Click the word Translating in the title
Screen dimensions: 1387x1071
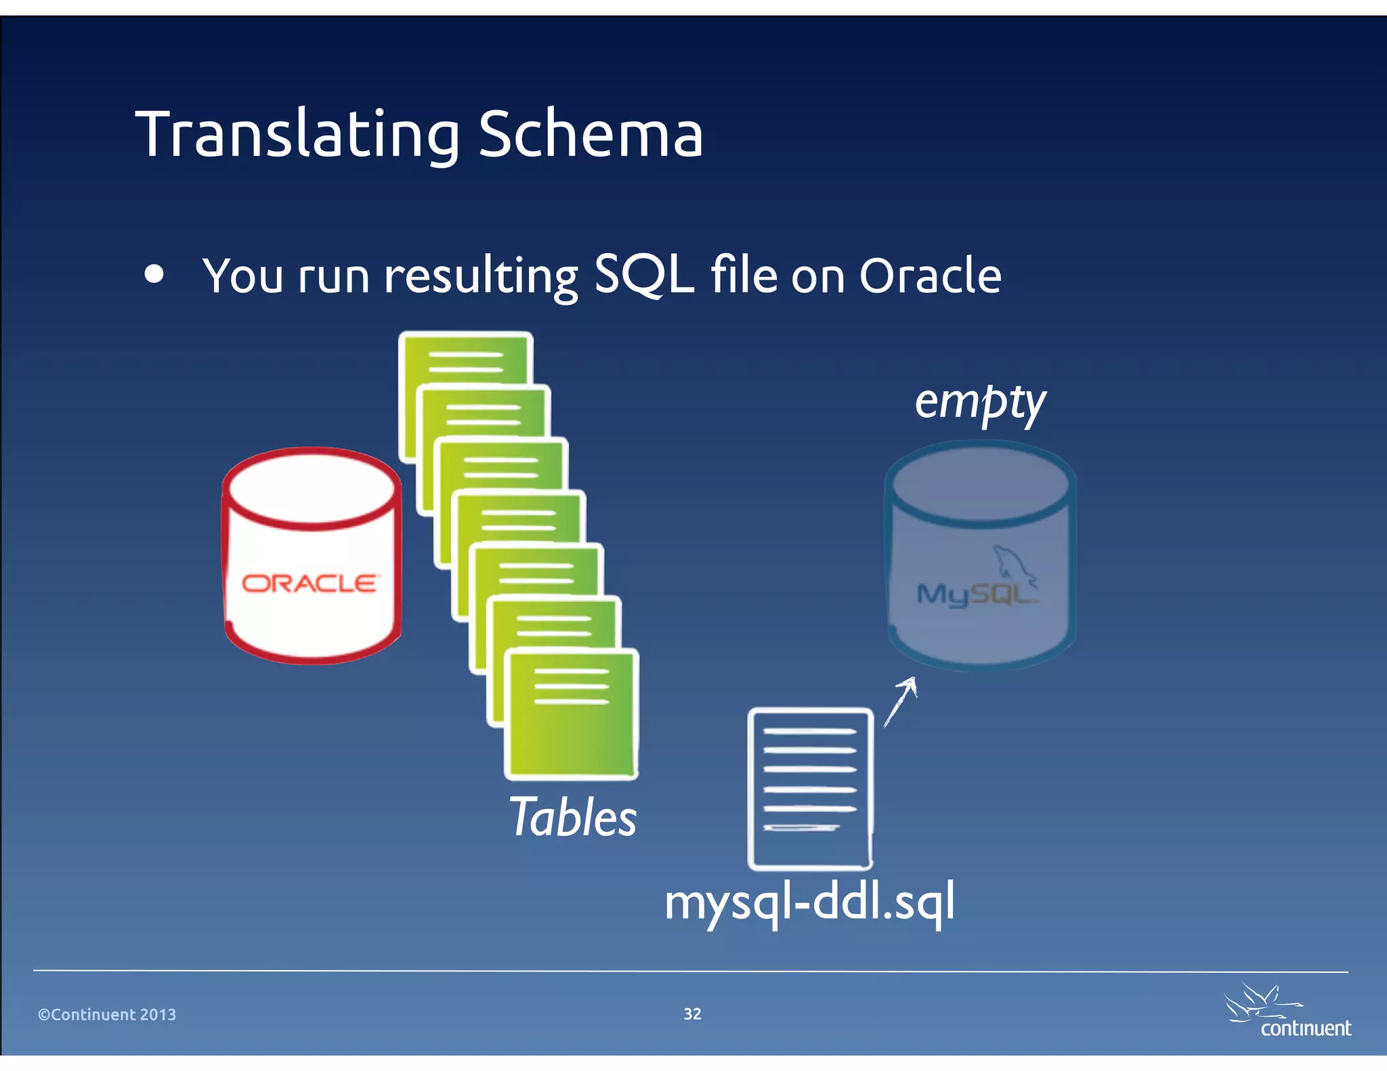point(298,135)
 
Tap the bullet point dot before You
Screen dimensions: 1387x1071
point(154,274)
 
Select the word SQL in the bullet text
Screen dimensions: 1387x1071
point(643,276)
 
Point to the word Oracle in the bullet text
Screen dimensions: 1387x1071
point(930,276)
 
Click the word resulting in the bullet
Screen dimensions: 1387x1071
point(481,277)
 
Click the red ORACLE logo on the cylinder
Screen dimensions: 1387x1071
point(311,583)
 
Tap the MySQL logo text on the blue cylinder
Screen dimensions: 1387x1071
point(974,594)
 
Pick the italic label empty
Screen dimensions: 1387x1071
point(980,402)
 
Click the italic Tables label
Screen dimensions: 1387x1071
point(573,817)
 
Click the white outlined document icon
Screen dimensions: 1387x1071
point(810,789)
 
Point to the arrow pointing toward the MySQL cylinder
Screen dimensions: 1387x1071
point(901,701)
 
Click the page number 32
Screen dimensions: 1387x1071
point(692,1013)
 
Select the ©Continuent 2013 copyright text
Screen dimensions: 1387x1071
point(107,1014)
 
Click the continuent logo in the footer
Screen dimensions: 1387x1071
point(1287,1012)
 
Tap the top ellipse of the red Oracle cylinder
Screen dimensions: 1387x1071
point(311,487)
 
